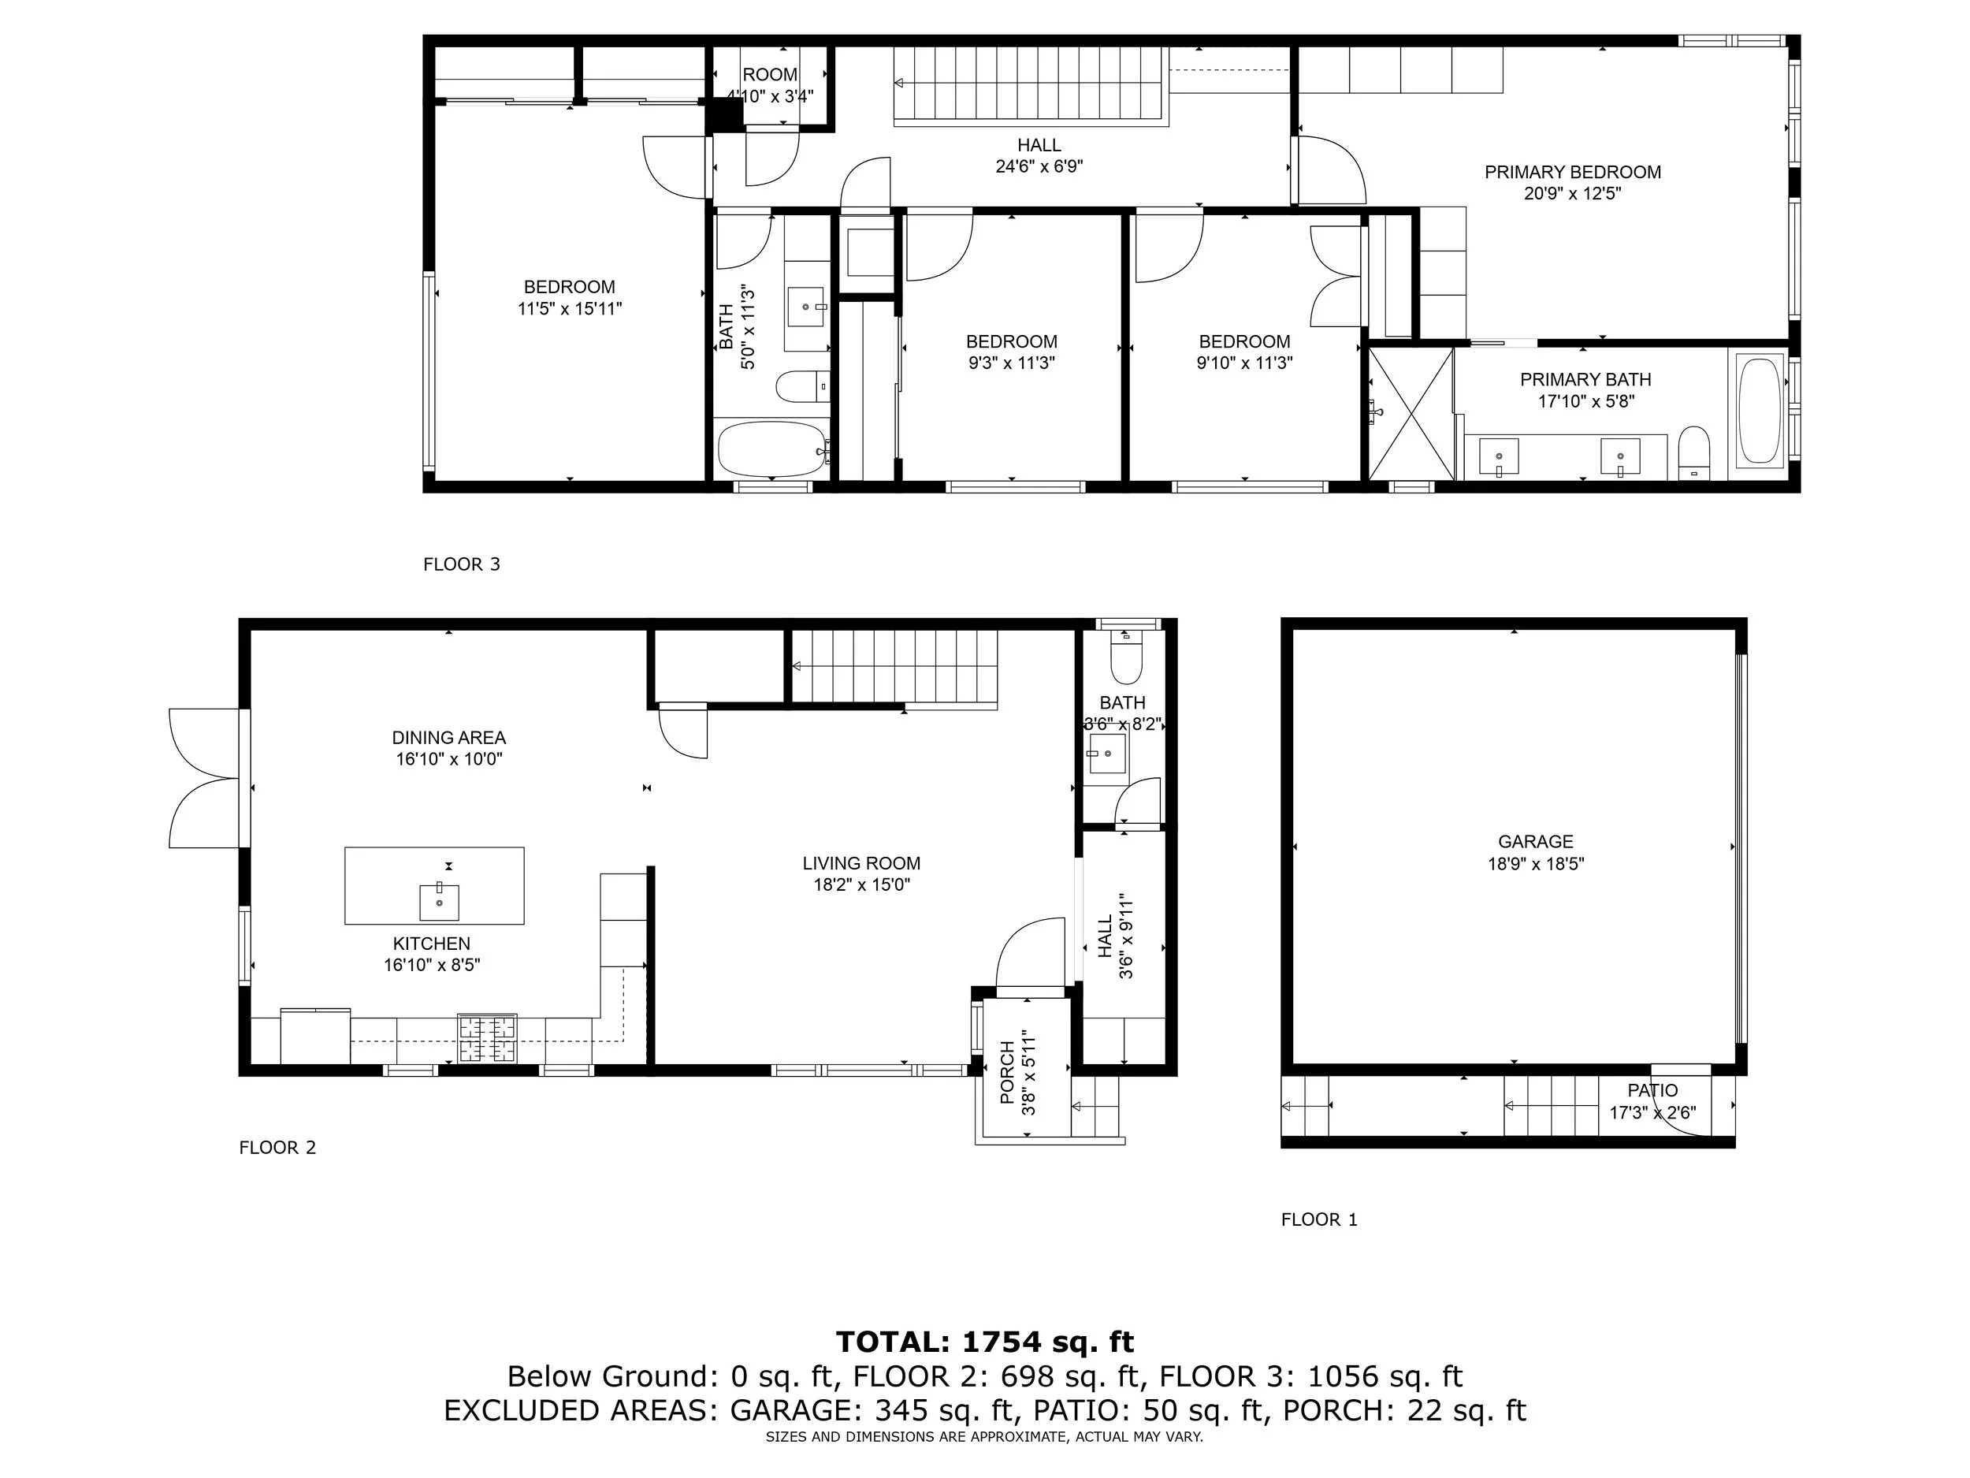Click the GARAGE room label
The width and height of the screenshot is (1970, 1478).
click(x=1535, y=841)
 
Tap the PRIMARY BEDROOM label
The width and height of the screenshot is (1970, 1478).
click(x=1573, y=172)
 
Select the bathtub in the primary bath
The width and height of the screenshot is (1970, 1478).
click(x=1759, y=410)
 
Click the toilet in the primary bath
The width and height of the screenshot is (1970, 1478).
click(x=1693, y=452)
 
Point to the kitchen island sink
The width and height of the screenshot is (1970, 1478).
click(x=439, y=902)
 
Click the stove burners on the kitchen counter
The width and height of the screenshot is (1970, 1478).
click(x=487, y=1038)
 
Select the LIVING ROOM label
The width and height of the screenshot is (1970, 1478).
click(x=861, y=862)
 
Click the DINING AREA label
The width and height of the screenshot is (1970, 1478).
click(x=449, y=738)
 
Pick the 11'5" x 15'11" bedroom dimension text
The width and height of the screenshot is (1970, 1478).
click(x=570, y=309)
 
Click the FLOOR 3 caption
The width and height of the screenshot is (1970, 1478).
click(x=461, y=564)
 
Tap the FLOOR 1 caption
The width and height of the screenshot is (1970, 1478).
click(x=1319, y=1219)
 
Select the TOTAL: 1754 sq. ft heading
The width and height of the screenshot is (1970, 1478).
click(x=985, y=1342)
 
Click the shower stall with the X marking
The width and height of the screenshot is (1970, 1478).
click(x=1411, y=413)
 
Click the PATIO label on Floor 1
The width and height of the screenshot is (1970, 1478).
click(x=1653, y=1090)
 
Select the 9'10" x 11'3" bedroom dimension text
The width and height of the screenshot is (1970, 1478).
click(x=1245, y=363)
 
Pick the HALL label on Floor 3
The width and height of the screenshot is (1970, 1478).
click(x=1039, y=145)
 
